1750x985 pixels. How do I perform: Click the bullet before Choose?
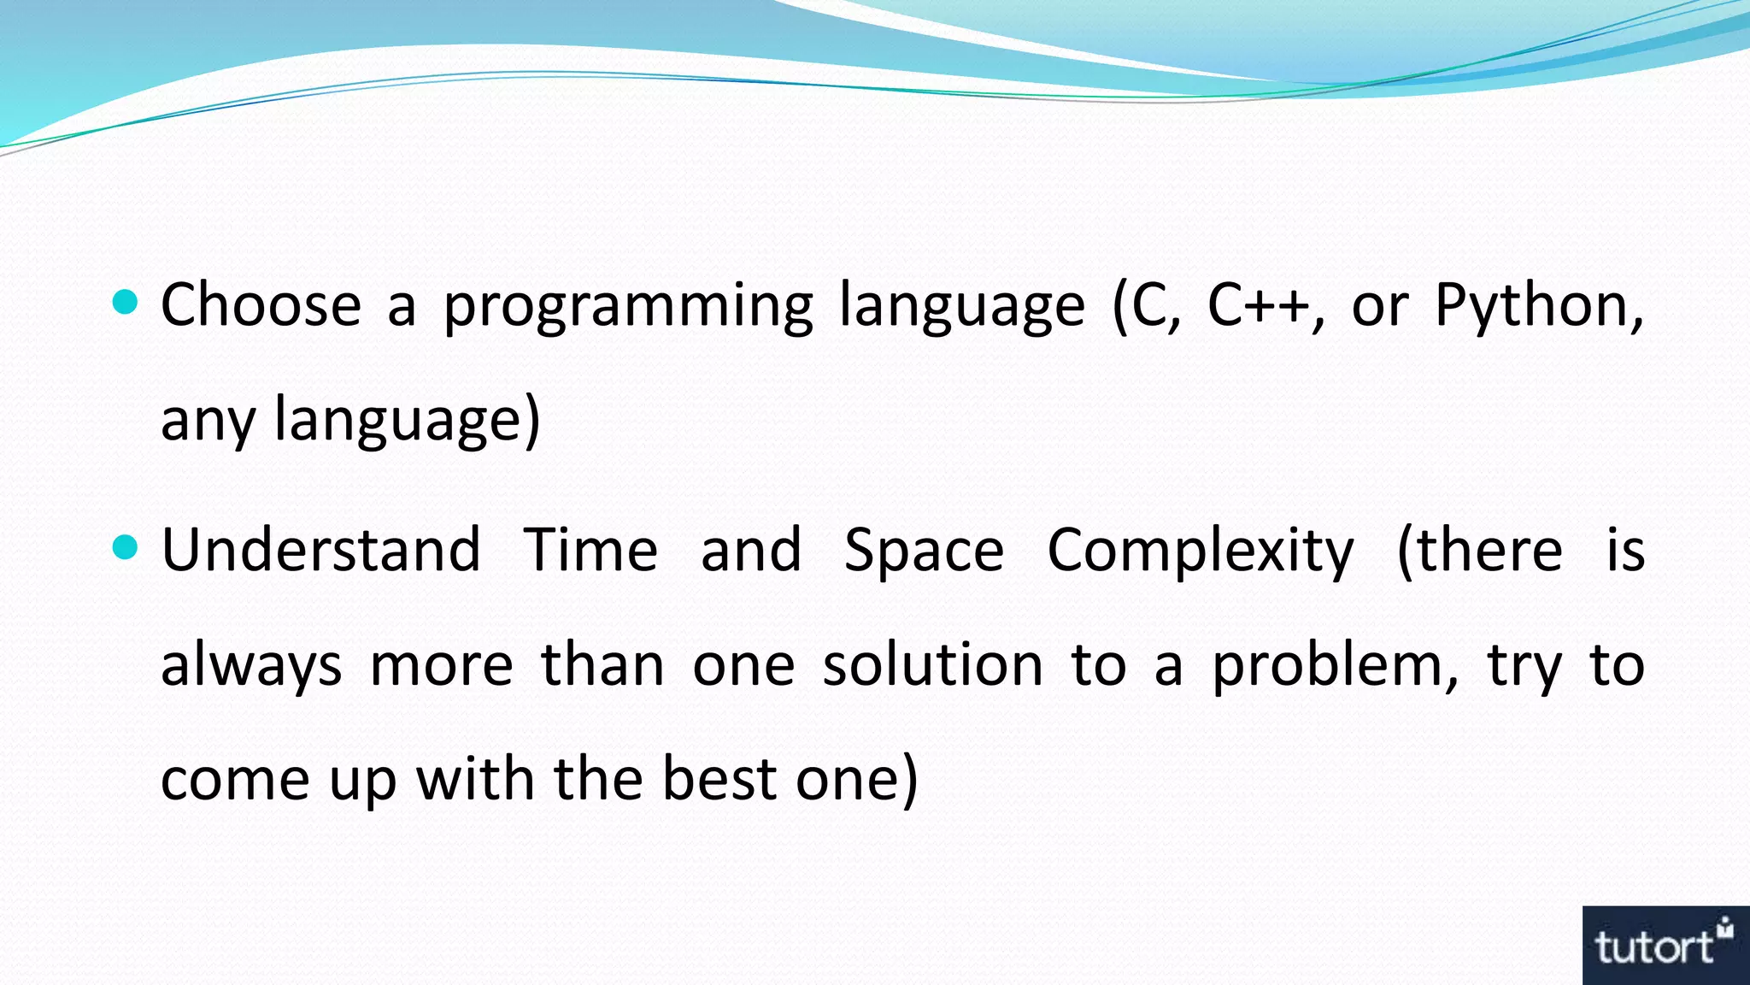(x=125, y=302)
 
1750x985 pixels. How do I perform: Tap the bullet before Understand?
(x=125, y=547)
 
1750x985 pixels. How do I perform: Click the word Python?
(x=1532, y=306)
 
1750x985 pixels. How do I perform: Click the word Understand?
(x=320, y=550)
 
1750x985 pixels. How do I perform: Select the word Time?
(x=590, y=550)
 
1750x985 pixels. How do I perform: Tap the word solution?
(x=932, y=664)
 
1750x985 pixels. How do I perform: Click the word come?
(x=234, y=780)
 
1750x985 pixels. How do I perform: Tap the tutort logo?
(x=1665, y=946)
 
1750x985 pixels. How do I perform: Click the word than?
(x=602, y=664)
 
